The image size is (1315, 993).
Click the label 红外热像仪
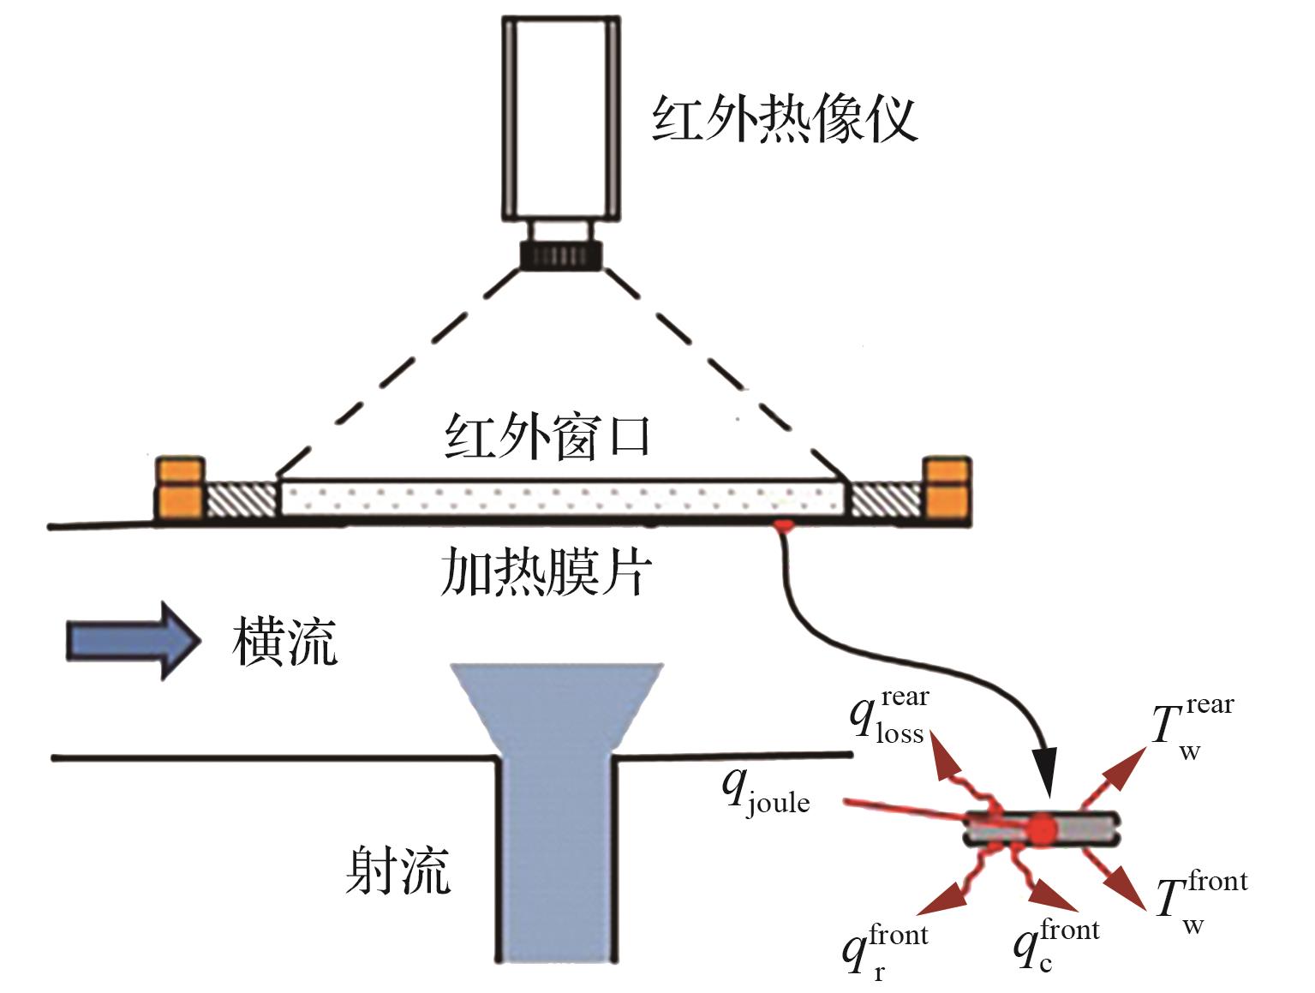[x=785, y=118]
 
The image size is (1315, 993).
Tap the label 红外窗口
[x=547, y=436]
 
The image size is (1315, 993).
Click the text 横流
[x=285, y=642]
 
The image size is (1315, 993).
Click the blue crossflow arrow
[x=133, y=641]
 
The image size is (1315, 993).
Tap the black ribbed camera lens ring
[x=561, y=255]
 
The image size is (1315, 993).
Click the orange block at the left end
[x=180, y=488]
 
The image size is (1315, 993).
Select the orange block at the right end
[x=947, y=488]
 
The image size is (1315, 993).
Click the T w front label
[x=1202, y=901]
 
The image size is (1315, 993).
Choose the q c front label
[x=1056, y=945]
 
